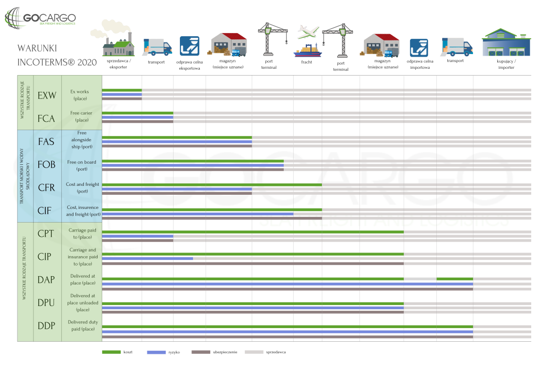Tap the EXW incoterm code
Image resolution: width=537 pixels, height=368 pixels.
point(47,96)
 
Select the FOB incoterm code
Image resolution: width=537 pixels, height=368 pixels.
point(47,165)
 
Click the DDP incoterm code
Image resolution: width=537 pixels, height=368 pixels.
point(47,325)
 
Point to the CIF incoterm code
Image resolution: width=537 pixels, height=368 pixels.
point(45,211)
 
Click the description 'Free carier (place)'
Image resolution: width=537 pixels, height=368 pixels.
point(82,116)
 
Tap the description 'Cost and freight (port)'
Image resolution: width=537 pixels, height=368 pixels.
point(82,188)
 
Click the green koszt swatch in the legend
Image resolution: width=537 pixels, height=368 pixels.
point(111,352)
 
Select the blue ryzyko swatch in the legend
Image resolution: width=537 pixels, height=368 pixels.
point(156,352)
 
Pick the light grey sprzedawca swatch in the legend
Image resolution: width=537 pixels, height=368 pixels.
point(254,352)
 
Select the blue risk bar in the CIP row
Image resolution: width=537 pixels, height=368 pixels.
point(147,258)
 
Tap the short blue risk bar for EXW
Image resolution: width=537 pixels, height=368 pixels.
point(122,94)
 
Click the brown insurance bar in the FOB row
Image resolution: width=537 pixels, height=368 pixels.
point(192,170)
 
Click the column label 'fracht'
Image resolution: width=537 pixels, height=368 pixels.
point(307,62)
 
